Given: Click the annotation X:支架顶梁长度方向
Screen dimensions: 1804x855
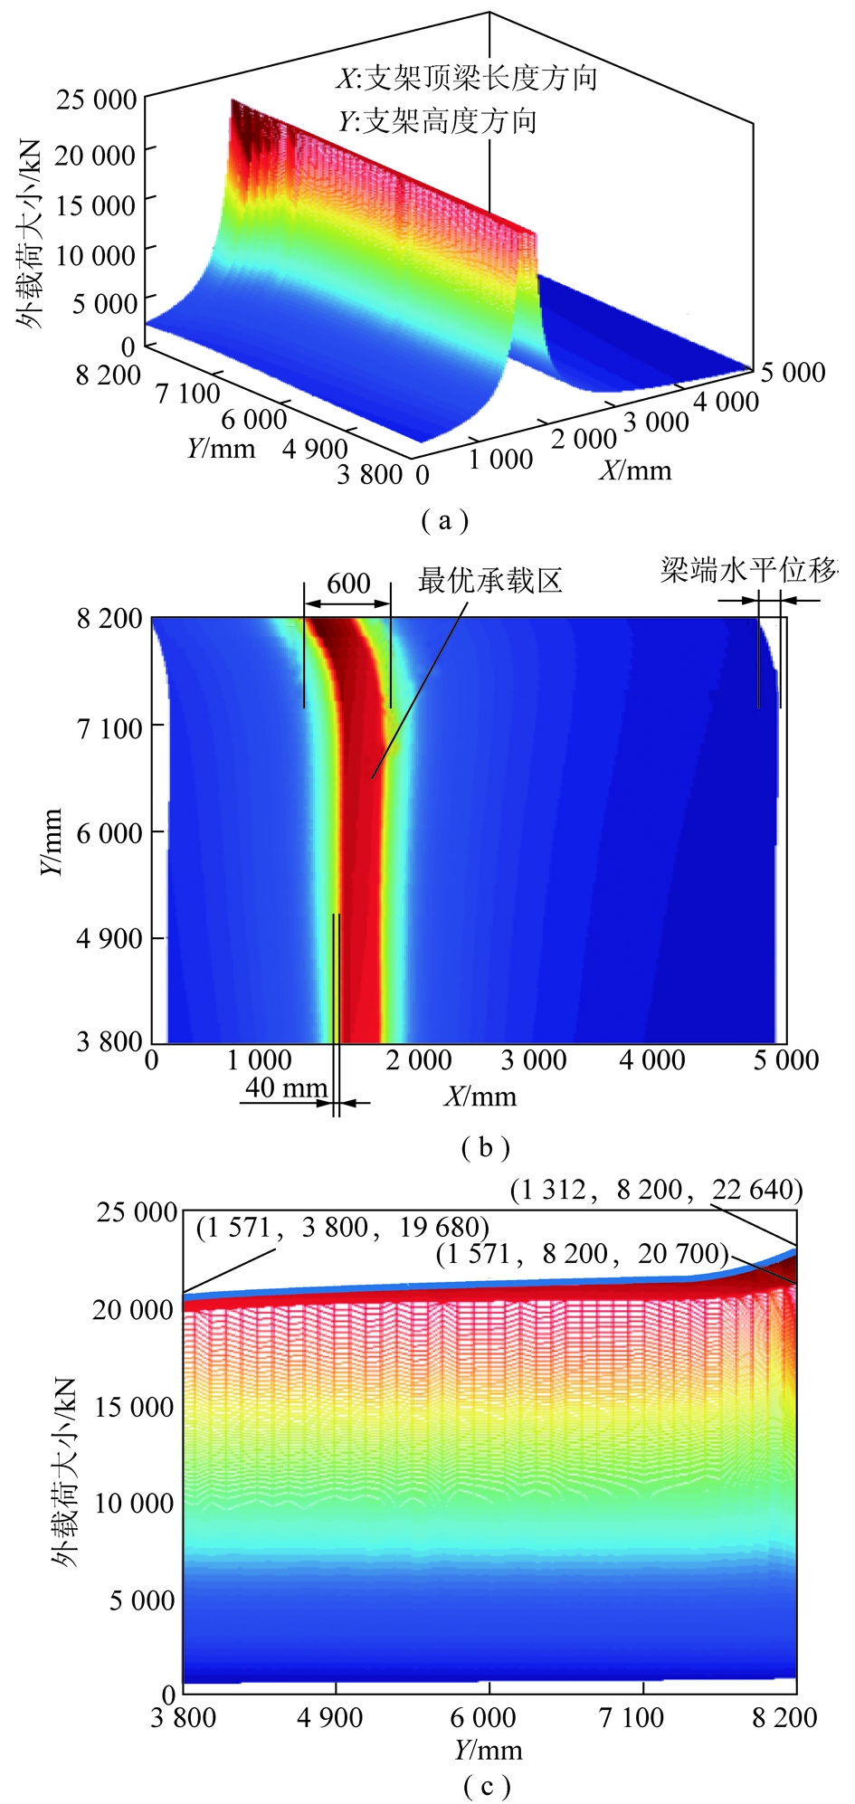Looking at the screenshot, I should (x=467, y=79).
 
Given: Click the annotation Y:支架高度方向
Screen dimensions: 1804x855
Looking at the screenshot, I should (x=438, y=121).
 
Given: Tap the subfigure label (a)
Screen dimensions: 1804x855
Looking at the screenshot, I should (x=444, y=520).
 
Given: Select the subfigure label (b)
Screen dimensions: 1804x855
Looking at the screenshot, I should (x=486, y=1147).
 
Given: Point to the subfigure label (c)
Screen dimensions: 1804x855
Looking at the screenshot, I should (x=487, y=1786).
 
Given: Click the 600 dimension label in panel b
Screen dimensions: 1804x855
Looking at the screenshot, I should (x=348, y=584).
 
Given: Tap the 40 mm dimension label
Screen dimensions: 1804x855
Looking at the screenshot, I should (x=286, y=1087).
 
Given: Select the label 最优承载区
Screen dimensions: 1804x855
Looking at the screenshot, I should (x=489, y=581).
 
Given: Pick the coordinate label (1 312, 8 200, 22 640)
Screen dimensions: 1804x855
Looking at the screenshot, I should (x=656, y=1190).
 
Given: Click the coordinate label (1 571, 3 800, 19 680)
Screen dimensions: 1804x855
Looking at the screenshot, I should (x=343, y=1228).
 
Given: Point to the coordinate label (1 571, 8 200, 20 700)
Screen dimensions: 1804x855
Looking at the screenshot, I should (x=582, y=1254).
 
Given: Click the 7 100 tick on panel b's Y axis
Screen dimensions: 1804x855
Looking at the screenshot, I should (x=109, y=727).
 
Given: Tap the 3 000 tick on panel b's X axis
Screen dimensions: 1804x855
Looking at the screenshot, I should (x=534, y=1060).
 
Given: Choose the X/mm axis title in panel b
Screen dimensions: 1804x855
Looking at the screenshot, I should (x=480, y=1097).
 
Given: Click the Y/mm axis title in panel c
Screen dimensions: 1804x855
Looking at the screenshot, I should (x=489, y=1750).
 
